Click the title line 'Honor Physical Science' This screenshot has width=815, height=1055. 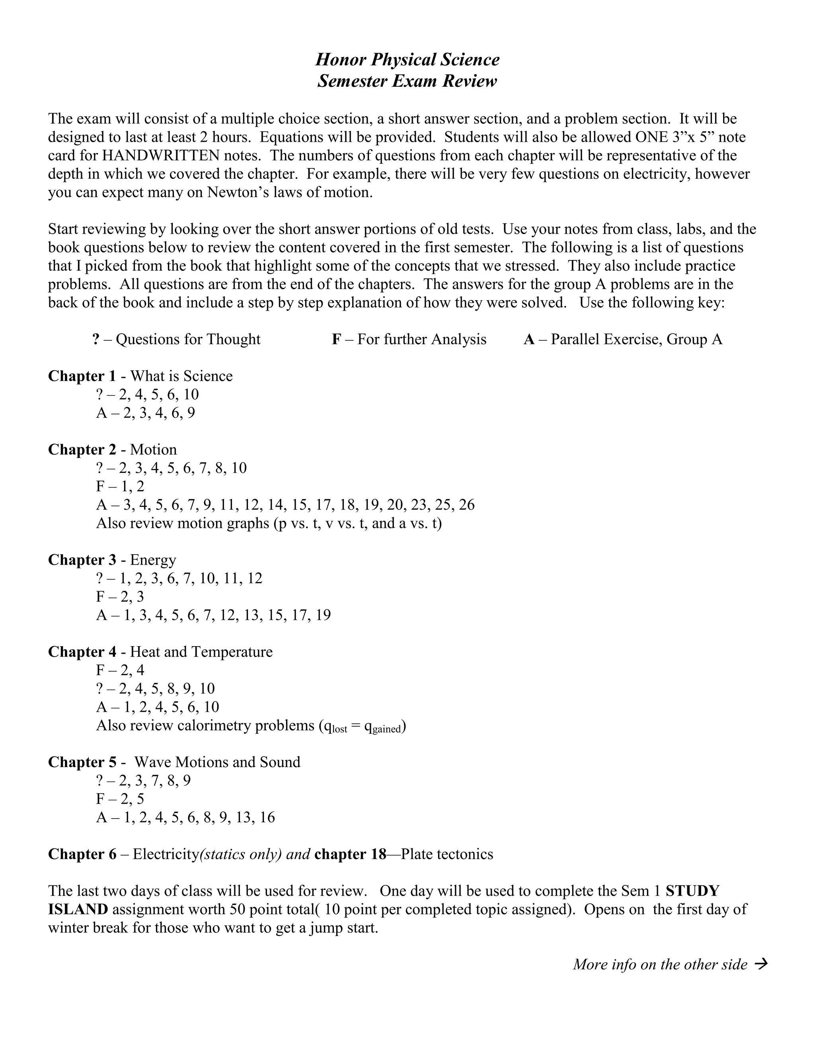coord(407,59)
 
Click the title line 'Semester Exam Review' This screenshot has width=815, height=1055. coord(407,81)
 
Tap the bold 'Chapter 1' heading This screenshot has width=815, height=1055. coord(82,376)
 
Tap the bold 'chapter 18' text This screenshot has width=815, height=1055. coord(350,854)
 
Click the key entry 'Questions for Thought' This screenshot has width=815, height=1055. coord(188,339)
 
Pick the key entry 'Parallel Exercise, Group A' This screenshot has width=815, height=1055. coord(636,339)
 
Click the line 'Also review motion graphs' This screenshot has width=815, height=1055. coord(269,523)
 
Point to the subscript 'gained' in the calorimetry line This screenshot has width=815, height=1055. coord(387,729)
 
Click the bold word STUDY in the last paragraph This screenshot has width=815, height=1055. coord(692,891)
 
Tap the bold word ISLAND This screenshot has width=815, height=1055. coord(78,909)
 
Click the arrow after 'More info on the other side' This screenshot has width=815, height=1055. coord(761,964)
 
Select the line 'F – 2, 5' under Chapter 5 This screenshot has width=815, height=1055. coord(120,799)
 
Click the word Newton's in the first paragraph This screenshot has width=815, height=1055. coord(234,192)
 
